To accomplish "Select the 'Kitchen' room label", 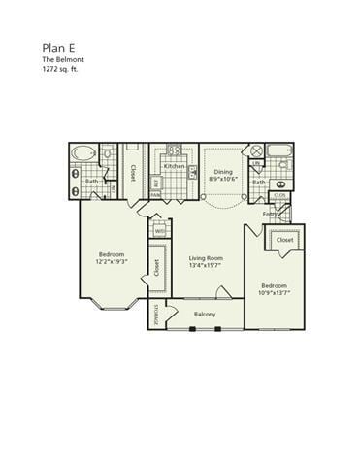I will coord(175,166).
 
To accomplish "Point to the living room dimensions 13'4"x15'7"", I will coord(207,266).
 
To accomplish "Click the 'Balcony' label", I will coord(204,314).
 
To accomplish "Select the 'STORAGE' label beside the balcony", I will coord(158,314).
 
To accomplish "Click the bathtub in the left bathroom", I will coord(84,153).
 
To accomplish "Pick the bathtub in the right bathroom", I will coord(280,150).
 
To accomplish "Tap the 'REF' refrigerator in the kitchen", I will coord(155,182).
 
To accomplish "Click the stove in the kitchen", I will coord(175,150).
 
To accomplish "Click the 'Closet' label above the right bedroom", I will coord(284,239).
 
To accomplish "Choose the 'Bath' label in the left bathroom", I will coord(91,181).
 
